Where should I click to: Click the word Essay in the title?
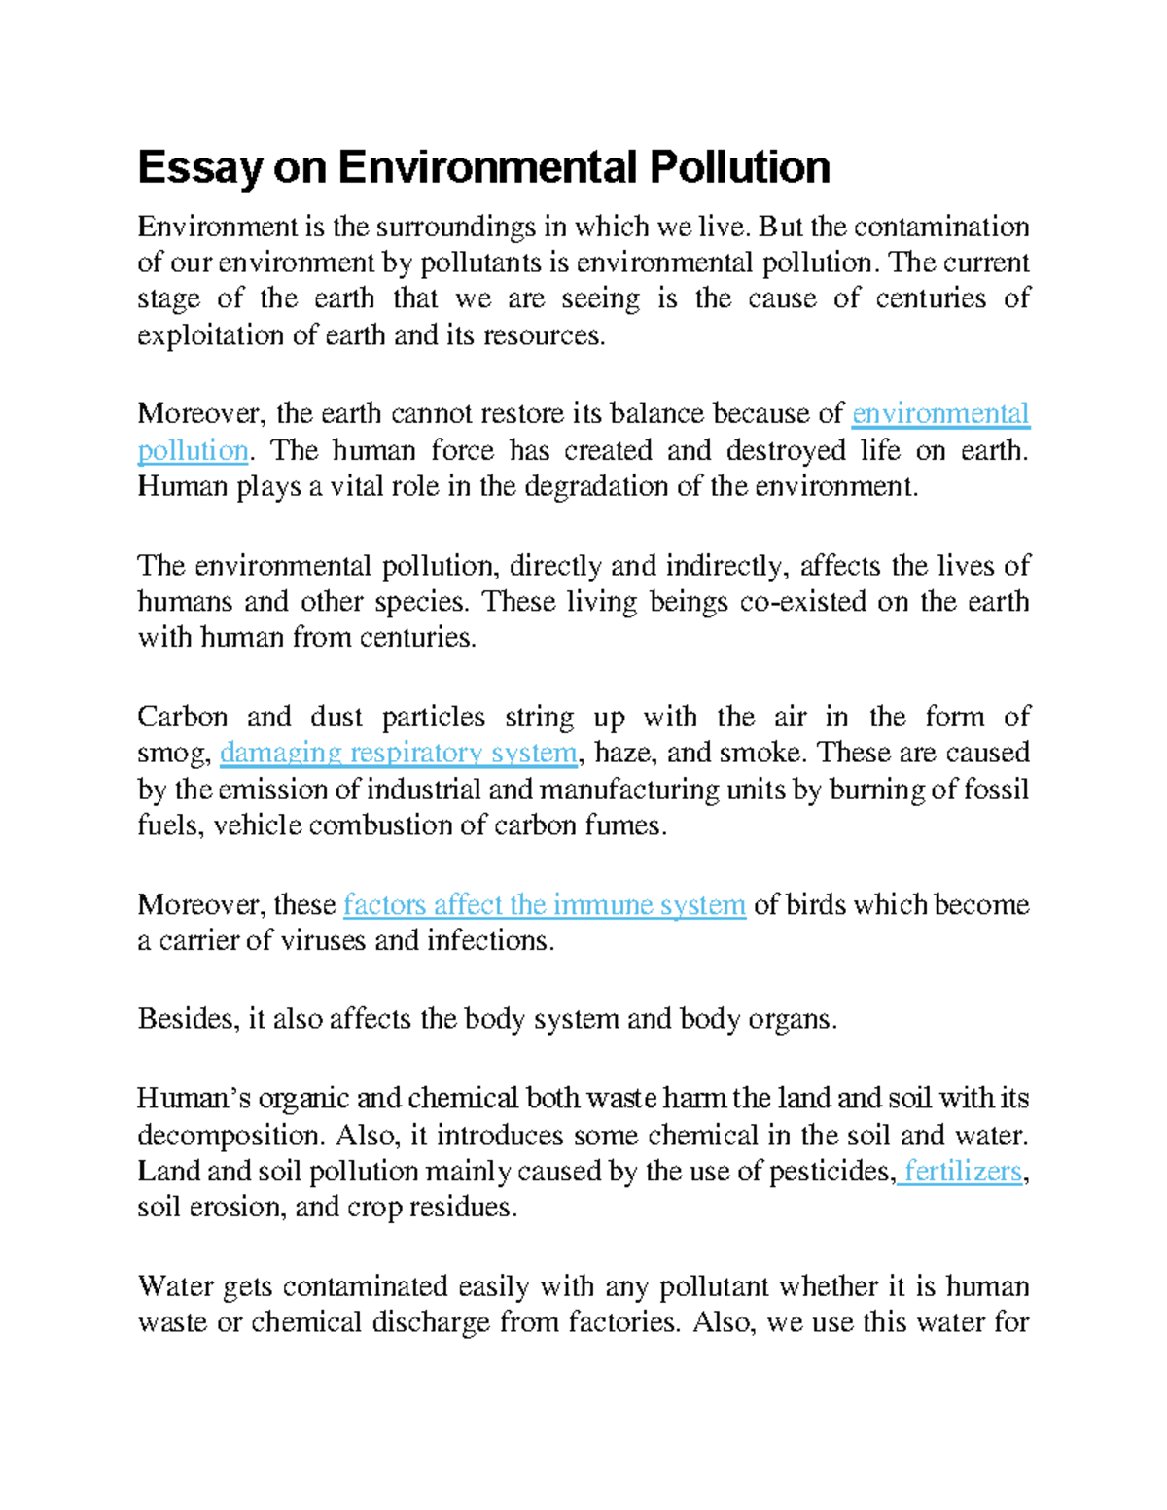199,168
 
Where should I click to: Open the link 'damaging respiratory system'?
399,753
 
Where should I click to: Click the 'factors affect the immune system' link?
545,904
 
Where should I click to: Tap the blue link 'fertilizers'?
963,1171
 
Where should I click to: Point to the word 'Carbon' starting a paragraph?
181,717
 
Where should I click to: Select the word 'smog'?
172,754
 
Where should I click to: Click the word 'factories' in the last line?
622,1322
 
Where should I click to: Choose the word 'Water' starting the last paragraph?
175,1286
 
